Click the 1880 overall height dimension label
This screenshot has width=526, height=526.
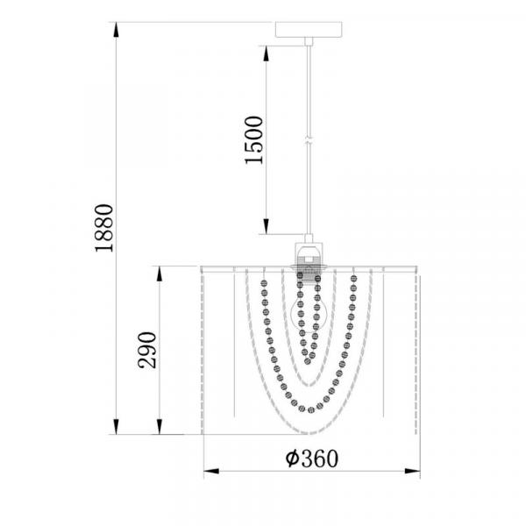104,228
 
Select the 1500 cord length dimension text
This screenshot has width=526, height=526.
254,140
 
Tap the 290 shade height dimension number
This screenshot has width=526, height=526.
147,350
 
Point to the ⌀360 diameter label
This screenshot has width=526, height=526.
311,458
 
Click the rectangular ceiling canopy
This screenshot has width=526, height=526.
309,30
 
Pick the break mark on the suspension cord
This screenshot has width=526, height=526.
309,140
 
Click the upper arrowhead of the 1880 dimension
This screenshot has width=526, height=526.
116,30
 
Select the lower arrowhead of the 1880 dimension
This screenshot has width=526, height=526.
116,427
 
